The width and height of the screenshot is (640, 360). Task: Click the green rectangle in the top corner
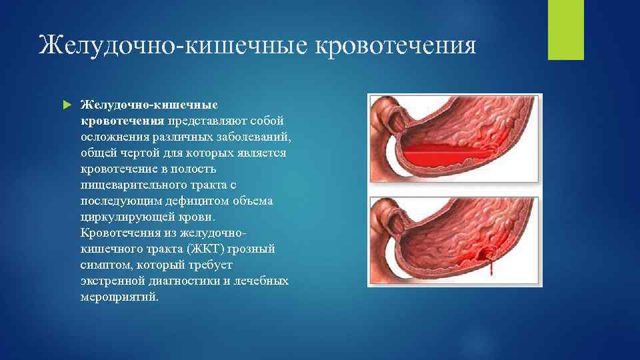(565, 29)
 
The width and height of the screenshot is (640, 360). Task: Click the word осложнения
(111, 137)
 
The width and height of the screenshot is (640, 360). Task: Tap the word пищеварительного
(127, 185)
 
